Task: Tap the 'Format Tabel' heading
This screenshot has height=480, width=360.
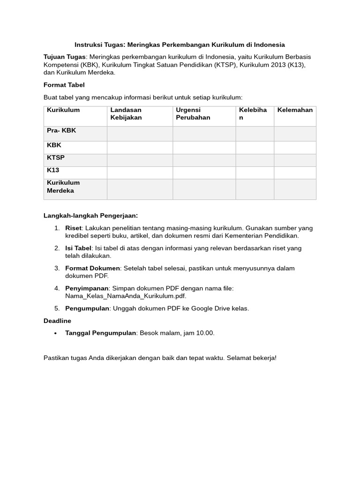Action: coord(64,85)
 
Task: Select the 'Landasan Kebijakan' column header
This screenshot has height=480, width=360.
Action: coord(126,114)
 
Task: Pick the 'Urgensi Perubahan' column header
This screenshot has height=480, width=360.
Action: coord(193,114)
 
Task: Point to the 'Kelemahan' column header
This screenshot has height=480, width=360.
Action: coord(295,110)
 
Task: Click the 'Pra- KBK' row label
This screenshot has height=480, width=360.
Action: coord(61,131)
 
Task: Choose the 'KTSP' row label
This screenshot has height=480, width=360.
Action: coord(56,158)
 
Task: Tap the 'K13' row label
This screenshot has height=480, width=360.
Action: coord(53,170)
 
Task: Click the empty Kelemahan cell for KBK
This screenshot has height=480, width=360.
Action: coord(295,147)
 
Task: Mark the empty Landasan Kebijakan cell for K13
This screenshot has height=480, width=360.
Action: coord(140,172)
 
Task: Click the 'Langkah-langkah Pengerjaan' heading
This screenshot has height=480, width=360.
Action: coord(90,216)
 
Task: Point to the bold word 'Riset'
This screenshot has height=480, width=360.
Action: coord(73,228)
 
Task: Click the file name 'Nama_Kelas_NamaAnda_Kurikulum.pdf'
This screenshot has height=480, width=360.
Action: coord(126,296)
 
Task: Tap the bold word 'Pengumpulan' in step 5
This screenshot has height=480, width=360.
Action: coord(87,308)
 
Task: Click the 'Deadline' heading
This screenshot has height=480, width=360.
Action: coord(57,321)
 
